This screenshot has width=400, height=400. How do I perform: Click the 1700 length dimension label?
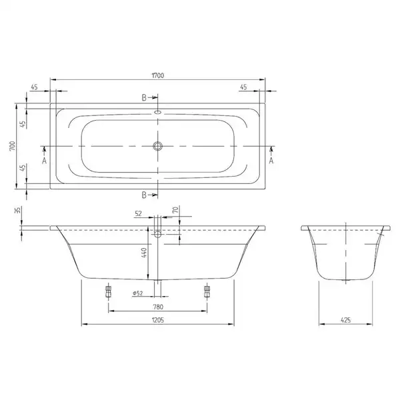[158, 75]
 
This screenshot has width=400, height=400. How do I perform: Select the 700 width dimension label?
[13, 146]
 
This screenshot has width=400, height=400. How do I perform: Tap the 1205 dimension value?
[158, 320]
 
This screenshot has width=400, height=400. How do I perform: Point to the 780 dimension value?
[158, 307]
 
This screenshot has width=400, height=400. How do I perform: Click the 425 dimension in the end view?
[345, 320]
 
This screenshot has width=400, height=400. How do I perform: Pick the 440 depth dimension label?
[144, 253]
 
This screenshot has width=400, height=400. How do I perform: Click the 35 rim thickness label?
[18, 210]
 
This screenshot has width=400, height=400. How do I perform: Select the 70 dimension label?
[175, 210]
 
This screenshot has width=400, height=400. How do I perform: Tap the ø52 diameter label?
[138, 293]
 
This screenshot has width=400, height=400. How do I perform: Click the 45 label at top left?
[34, 87]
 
